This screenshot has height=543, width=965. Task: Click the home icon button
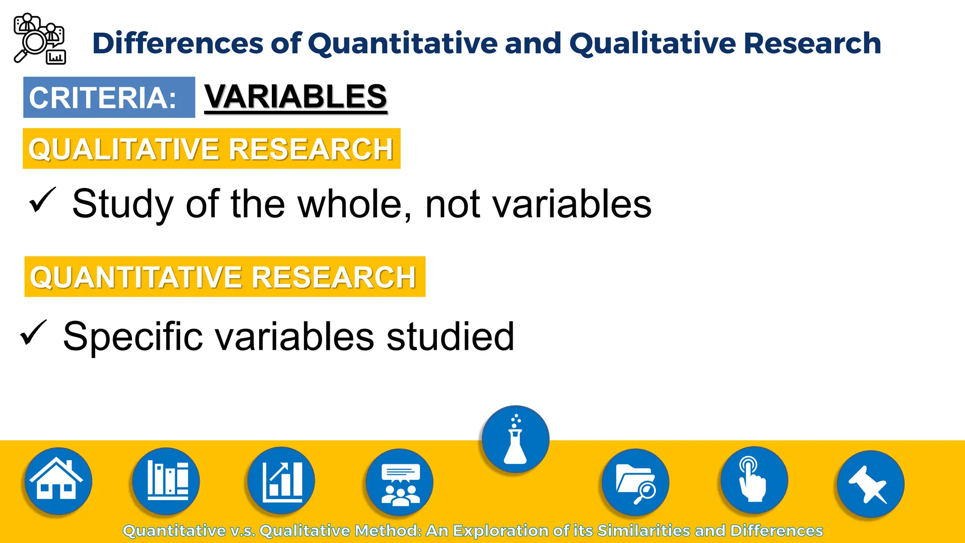coord(58,481)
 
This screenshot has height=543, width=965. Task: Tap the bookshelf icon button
coord(166,481)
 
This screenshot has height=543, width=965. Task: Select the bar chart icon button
coord(281,481)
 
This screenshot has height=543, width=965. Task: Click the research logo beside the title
coord(40,39)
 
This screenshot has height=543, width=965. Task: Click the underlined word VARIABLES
coord(295,97)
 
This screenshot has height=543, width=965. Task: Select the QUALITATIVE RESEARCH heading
coord(212,149)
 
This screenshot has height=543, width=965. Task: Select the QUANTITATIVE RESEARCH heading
coord(225,277)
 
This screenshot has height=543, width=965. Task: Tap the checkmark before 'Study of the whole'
coord(42,200)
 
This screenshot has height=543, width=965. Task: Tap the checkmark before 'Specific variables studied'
coord(33,333)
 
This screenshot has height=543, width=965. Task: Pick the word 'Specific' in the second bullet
coord(133,337)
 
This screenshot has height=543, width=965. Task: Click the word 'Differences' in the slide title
coord(177,43)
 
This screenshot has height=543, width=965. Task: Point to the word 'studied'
coord(450,337)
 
